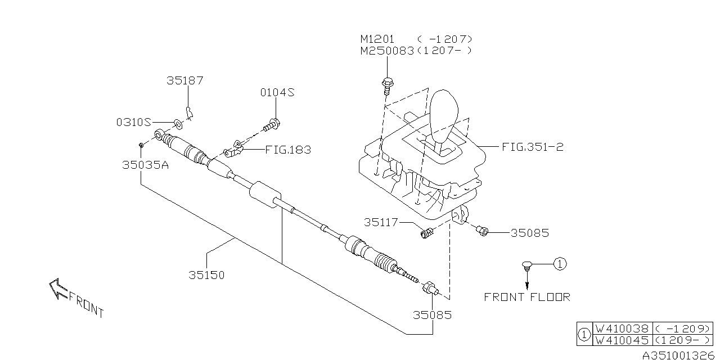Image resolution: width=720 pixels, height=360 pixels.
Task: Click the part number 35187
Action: coord(185,80)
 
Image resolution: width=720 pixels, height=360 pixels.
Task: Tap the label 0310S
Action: coord(134,122)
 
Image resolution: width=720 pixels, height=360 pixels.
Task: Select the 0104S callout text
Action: coord(277,93)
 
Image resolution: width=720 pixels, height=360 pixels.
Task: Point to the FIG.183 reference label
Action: coord(288,150)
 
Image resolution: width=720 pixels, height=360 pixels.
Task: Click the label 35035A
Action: coord(145,165)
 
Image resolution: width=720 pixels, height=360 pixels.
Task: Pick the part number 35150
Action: coord(206,275)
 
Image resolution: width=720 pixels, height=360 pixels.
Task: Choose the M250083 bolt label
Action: coord(387,51)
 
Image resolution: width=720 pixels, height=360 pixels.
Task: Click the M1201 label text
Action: coord(377,39)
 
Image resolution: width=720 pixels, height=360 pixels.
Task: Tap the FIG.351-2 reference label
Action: coord(533,147)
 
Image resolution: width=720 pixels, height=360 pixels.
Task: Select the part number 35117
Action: coord(381,222)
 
